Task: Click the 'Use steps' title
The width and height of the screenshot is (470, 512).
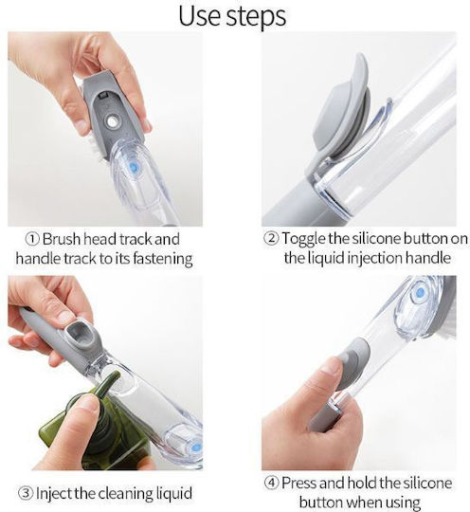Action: click(232, 16)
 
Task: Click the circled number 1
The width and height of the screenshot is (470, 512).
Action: click(32, 239)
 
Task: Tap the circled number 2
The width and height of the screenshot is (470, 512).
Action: click(271, 238)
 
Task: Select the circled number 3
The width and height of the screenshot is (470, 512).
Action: click(26, 493)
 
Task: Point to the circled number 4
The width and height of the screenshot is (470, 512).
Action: click(271, 483)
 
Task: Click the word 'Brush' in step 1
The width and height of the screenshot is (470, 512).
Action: click(62, 239)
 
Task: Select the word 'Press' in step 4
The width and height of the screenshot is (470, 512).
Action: click(299, 483)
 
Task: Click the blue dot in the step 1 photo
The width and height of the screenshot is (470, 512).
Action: click(134, 168)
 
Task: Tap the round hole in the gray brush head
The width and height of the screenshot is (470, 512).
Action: click(112, 122)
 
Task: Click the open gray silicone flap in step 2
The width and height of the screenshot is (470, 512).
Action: click(342, 109)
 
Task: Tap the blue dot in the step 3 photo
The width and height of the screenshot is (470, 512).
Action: click(196, 447)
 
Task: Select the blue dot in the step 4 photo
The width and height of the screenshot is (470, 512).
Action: click(421, 292)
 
